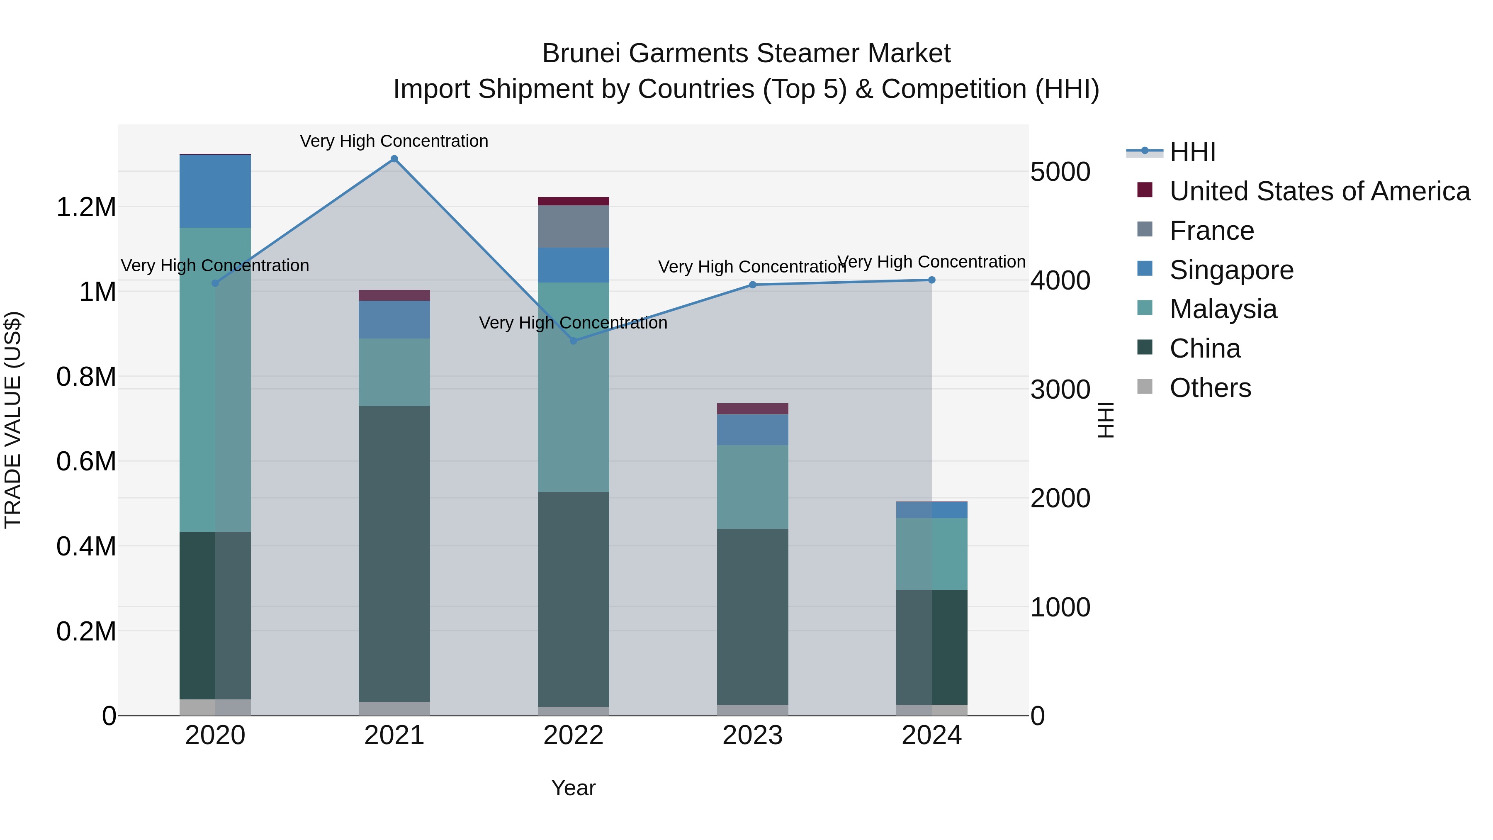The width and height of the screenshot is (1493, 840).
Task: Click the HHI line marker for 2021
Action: (x=394, y=159)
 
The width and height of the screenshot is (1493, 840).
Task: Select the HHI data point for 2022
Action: (x=573, y=341)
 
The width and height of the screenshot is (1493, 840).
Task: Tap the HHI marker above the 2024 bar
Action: (x=931, y=280)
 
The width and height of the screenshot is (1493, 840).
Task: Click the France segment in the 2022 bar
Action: (x=573, y=226)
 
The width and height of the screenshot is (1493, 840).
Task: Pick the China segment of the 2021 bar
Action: (x=394, y=554)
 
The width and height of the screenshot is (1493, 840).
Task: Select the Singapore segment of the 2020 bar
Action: (x=215, y=191)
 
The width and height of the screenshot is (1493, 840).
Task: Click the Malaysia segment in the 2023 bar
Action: (x=752, y=487)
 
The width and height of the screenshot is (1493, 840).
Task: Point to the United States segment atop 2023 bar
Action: (x=752, y=409)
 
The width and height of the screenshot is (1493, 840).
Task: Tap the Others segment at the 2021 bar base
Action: (x=394, y=709)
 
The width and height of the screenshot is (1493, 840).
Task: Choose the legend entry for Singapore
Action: (x=1231, y=270)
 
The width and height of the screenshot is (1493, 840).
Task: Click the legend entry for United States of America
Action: (x=1319, y=191)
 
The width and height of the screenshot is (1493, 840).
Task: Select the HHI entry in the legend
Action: (x=1192, y=152)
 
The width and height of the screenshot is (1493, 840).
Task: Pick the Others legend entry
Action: (x=1210, y=388)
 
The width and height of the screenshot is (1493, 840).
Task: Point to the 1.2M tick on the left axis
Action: (x=86, y=207)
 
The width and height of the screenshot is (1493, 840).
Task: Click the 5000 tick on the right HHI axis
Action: (x=1060, y=172)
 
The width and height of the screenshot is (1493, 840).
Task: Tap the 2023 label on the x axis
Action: (x=752, y=735)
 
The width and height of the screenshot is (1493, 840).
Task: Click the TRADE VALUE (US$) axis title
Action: (x=13, y=420)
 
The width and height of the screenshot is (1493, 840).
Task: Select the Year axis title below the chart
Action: (x=573, y=788)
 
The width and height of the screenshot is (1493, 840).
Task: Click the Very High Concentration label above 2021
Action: (x=394, y=141)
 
